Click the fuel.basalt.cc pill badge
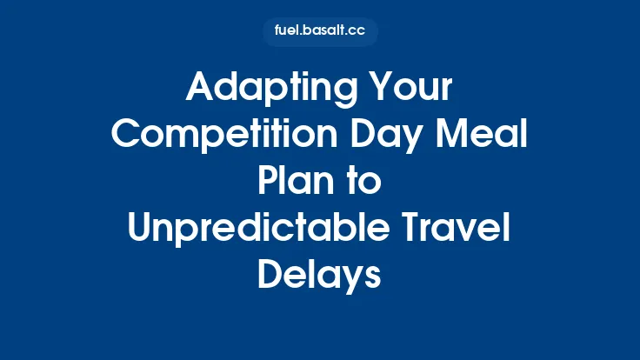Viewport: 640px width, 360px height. [320, 32]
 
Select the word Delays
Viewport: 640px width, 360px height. [319, 274]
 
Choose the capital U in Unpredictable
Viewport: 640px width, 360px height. [140, 229]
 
